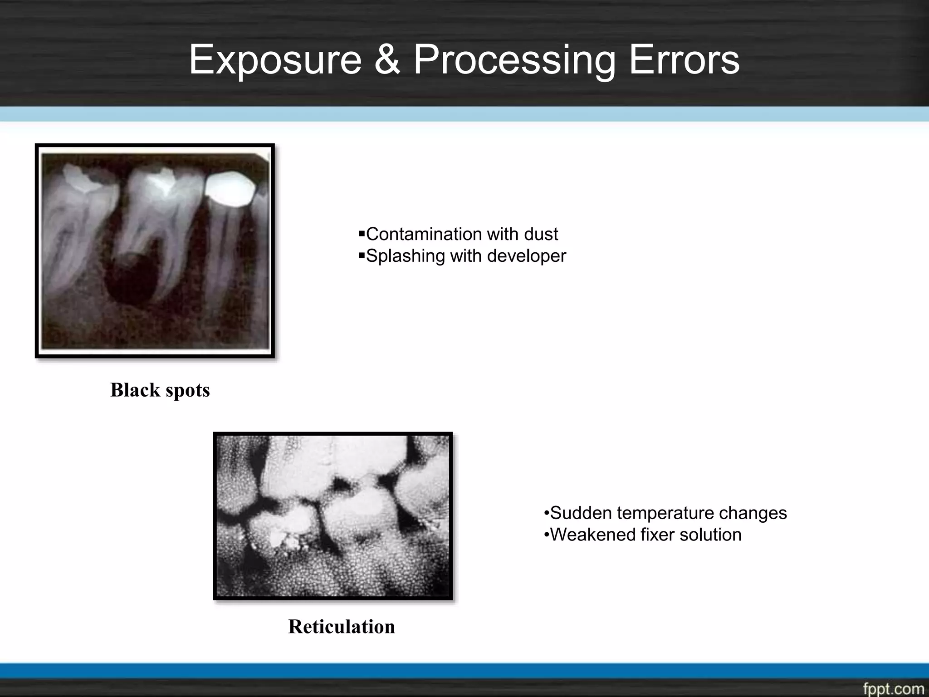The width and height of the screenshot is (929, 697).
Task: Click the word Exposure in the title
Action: coord(275,60)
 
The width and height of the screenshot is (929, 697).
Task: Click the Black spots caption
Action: coord(160,390)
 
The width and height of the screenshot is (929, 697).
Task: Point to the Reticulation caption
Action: coord(342,627)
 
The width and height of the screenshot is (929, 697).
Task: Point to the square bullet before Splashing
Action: coord(362,256)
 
